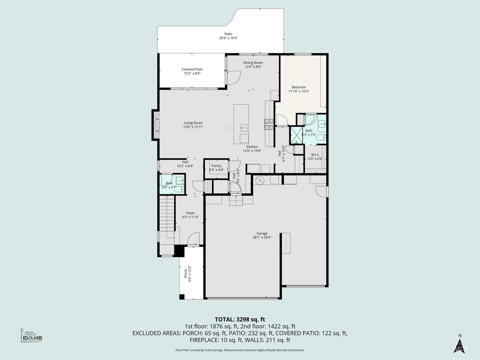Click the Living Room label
[x=193, y=123]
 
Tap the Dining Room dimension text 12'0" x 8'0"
[x=253, y=67]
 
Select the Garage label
[x=262, y=233]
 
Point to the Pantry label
[x=216, y=166]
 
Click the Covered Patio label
[x=192, y=69]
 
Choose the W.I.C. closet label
[x=315, y=155]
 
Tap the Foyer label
[x=190, y=213]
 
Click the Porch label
[x=185, y=273]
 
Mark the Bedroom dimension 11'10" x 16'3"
[x=299, y=91]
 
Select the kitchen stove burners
[x=269, y=124]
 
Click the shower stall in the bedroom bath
[x=297, y=135]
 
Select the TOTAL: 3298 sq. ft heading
[x=240, y=319]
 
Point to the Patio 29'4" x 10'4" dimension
[x=228, y=38]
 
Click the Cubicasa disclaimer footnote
[x=240, y=350]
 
